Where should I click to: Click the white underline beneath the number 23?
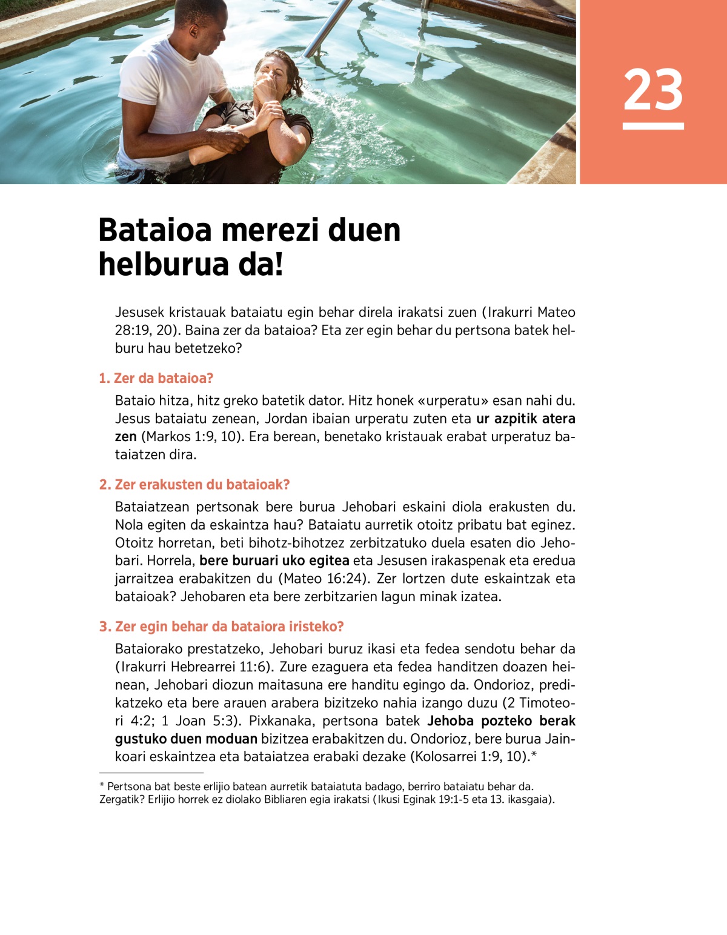click(x=653, y=126)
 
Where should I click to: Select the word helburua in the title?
click(x=159, y=265)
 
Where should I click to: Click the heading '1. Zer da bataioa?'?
click(x=156, y=379)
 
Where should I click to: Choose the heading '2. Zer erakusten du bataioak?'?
click(x=194, y=485)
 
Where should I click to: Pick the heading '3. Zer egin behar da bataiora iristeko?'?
click(x=222, y=627)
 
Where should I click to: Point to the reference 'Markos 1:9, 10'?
click(x=193, y=437)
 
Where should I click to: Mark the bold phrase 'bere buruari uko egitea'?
click(x=274, y=561)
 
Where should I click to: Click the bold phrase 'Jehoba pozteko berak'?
click(x=501, y=721)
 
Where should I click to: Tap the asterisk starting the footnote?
click(x=102, y=786)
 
